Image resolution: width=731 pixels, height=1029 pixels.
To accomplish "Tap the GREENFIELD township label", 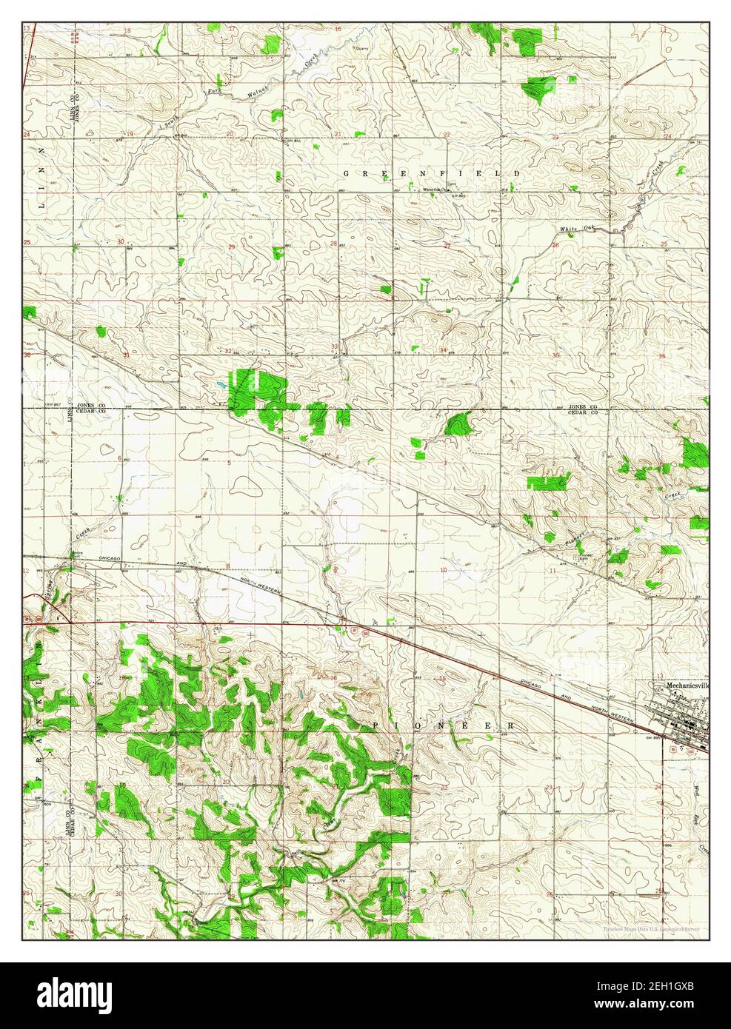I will [432, 173].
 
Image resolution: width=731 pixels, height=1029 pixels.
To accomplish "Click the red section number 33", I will [335, 346].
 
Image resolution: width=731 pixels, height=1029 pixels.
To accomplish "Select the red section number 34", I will [443, 349].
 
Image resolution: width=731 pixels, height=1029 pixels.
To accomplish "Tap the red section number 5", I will [229, 463].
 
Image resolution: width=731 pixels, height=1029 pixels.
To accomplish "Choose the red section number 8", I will [229, 567].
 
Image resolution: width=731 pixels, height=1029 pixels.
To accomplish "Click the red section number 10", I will [443, 569].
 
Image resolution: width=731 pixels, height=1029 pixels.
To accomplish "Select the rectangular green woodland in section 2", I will [547, 483].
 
